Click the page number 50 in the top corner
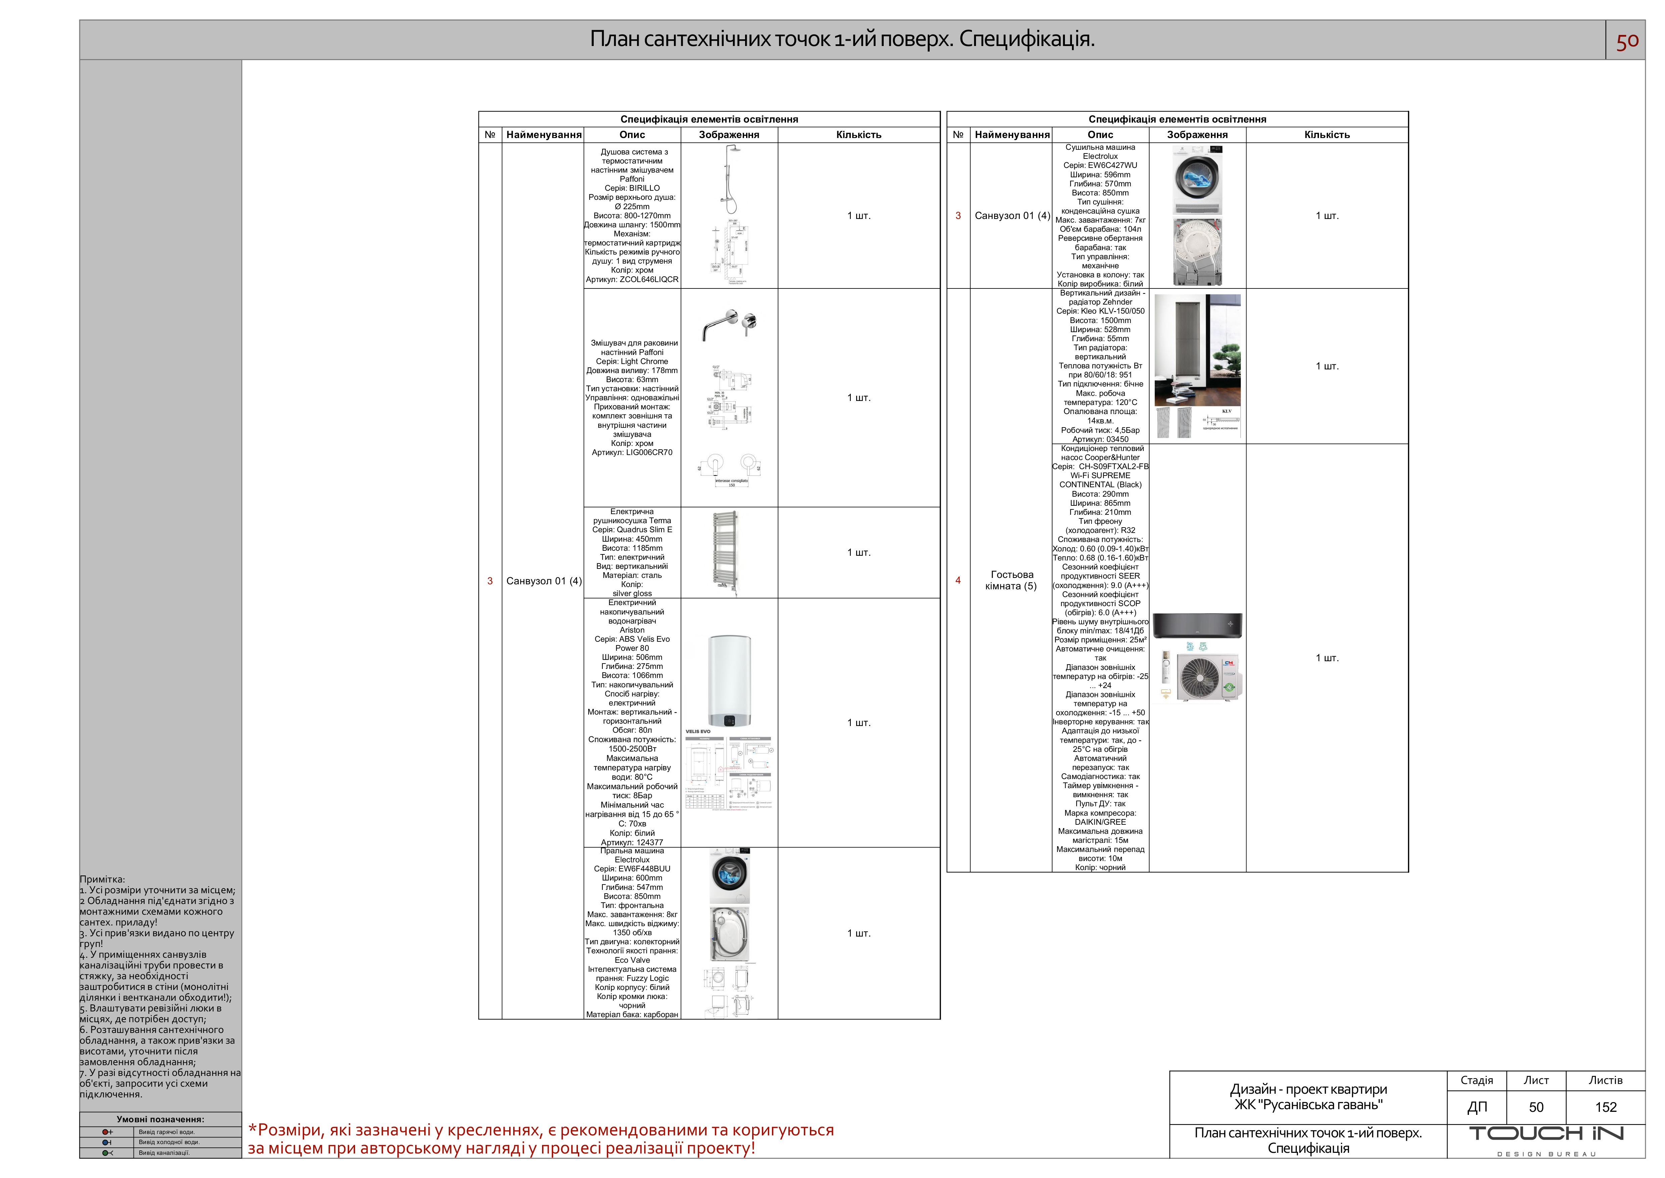[1626, 41]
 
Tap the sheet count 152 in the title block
[1606, 1107]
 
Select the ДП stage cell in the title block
[1476, 1107]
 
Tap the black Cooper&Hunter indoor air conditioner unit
[1197, 625]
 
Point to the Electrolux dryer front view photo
[1197, 180]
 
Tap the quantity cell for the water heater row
[859, 722]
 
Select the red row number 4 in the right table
[958, 580]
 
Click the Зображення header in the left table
[729, 135]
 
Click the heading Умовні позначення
[160, 1119]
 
